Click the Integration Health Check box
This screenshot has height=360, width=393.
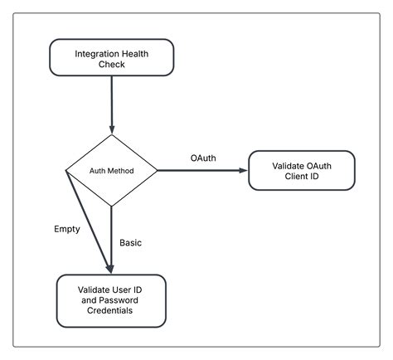pyautogui.click(x=112, y=57)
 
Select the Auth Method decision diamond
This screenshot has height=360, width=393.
pyautogui.click(x=111, y=171)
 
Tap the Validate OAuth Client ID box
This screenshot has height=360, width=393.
pyautogui.click(x=302, y=170)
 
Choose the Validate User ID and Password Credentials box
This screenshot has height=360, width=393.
pyautogui.click(x=111, y=299)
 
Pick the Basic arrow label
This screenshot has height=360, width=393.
pyautogui.click(x=131, y=243)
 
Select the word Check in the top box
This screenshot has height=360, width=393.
pyautogui.click(x=112, y=64)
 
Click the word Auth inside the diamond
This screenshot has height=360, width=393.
pyautogui.click(x=99, y=171)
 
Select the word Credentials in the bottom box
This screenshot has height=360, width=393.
pyautogui.click(x=111, y=311)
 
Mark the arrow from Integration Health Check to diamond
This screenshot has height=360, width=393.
pyautogui.click(x=111, y=104)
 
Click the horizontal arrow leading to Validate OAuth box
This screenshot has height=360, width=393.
pyautogui.click(x=199, y=171)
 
